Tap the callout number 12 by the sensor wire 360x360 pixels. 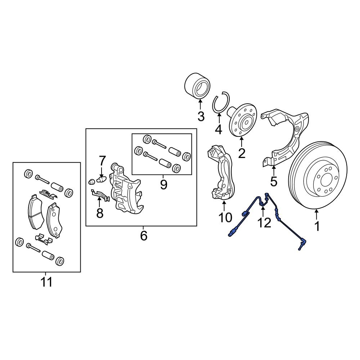264,223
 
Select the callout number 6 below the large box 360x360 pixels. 143,236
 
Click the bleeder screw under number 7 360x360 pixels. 101,179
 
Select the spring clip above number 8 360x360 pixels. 99,195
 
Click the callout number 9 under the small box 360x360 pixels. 163,185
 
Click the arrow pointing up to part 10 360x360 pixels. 224,206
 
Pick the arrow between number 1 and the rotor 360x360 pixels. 316,215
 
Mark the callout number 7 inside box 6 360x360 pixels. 102,160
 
